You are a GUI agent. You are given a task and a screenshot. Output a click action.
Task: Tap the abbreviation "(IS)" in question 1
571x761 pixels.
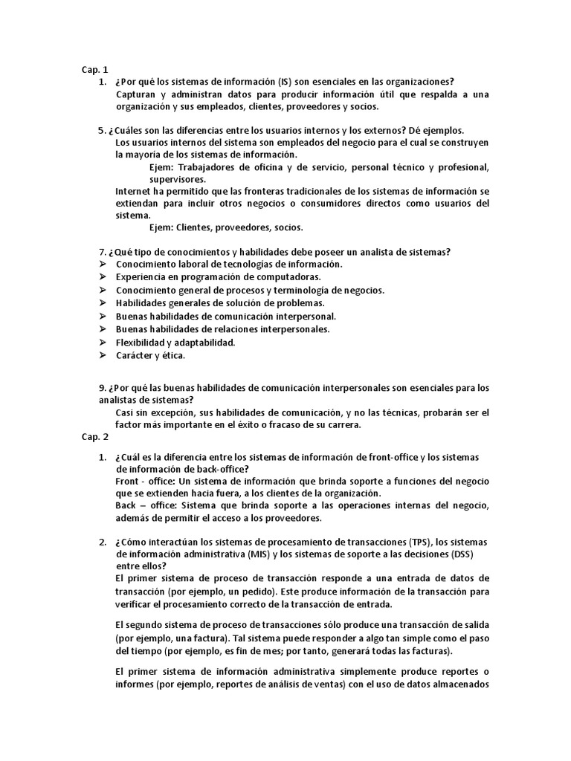click(x=285, y=82)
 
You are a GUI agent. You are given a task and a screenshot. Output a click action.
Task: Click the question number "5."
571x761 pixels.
click(x=102, y=130)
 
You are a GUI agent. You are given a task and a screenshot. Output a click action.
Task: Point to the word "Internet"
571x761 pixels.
click(x=133, y=191)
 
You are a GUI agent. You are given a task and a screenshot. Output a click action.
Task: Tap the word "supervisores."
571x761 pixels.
click(x=178, y=179)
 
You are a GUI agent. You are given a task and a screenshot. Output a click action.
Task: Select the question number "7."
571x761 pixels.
click(x=102, y=252)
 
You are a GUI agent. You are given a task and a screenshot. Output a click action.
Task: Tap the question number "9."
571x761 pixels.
click(x=102, y=388)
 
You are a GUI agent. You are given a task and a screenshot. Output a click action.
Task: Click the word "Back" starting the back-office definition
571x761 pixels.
click(x=127, y=506)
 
